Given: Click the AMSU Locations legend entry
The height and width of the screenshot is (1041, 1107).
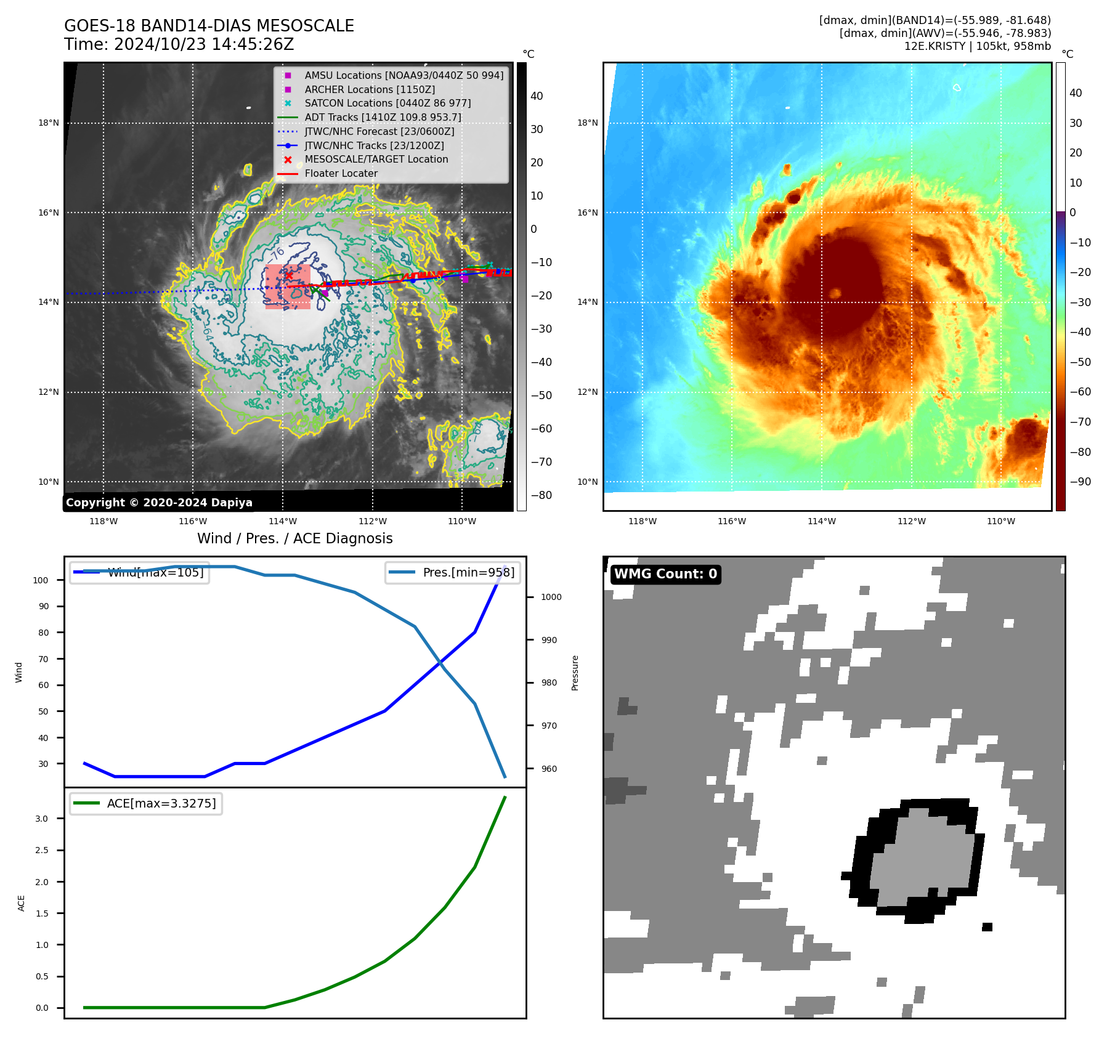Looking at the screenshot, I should pyautogui.click(x=403, y=75).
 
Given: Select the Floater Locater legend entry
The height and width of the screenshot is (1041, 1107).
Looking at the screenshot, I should pyautogui.click(x=341, y=173).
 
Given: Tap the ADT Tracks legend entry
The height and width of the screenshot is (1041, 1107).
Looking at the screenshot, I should pyautogui.click(x=383, y=117).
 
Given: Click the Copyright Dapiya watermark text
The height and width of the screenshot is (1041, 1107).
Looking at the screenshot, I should pyautogui.click(x=159, y=503).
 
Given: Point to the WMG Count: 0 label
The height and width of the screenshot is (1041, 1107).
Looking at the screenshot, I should pyautogui.click(x=665, y=574).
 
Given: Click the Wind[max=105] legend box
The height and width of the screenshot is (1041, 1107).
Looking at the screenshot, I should pyautogui.click(x=140, y=572).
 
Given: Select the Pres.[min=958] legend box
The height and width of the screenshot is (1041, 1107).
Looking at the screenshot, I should pyautogui.click(x=453, y=572).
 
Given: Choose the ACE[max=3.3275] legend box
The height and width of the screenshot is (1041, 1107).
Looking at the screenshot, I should pyautogui.click(x=146, y=803).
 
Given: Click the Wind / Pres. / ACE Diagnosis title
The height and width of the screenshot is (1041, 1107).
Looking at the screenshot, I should pyautogui.click(x=294, y=538).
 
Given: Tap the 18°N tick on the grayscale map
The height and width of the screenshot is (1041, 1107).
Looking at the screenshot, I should pyautogui.click(x=49, y=123).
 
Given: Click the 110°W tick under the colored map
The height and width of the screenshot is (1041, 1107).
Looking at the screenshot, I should pyautogui.click(x=1000, y=521).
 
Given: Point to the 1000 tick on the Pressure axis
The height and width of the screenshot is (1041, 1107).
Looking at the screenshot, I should pyautogui.click(x=551, y=597).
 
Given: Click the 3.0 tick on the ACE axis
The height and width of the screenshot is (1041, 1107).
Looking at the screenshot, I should pyautogui.click(x=41, y=819).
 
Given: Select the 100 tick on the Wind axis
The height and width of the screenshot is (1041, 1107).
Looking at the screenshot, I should pyautogui.click(x=41, y=580).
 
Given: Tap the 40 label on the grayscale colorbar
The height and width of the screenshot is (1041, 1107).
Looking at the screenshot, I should pyautogui.click(x=537, y=96).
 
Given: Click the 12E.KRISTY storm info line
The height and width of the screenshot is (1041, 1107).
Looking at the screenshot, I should pyautogui.click(x=977, y=46).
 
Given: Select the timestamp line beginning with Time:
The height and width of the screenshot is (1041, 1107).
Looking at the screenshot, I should pyautogui.click(x=179, y=44).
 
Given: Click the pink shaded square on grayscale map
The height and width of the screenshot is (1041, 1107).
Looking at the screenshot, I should pyautogui.click(x=288, y=286).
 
